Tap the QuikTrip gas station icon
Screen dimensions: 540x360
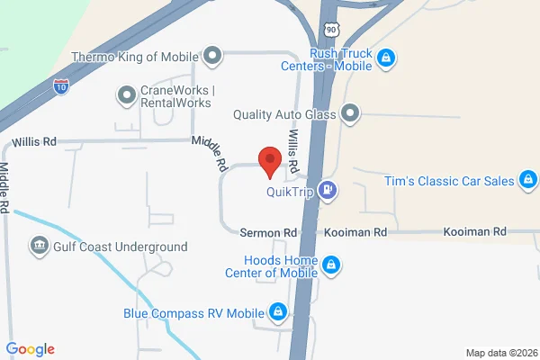330,190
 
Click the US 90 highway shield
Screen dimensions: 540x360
332,29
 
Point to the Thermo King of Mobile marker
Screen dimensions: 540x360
212,58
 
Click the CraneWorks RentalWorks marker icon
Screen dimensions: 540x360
126,94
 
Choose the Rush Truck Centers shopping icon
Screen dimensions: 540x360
385,58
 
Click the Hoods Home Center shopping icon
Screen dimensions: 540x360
331,265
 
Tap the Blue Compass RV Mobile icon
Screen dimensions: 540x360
278,312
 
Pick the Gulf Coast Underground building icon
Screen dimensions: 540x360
39,246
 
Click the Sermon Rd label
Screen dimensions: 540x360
268,232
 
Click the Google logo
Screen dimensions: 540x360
31,349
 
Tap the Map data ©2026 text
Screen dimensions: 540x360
500,352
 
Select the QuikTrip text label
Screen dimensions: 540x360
289,191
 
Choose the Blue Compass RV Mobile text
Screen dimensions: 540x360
193,314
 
